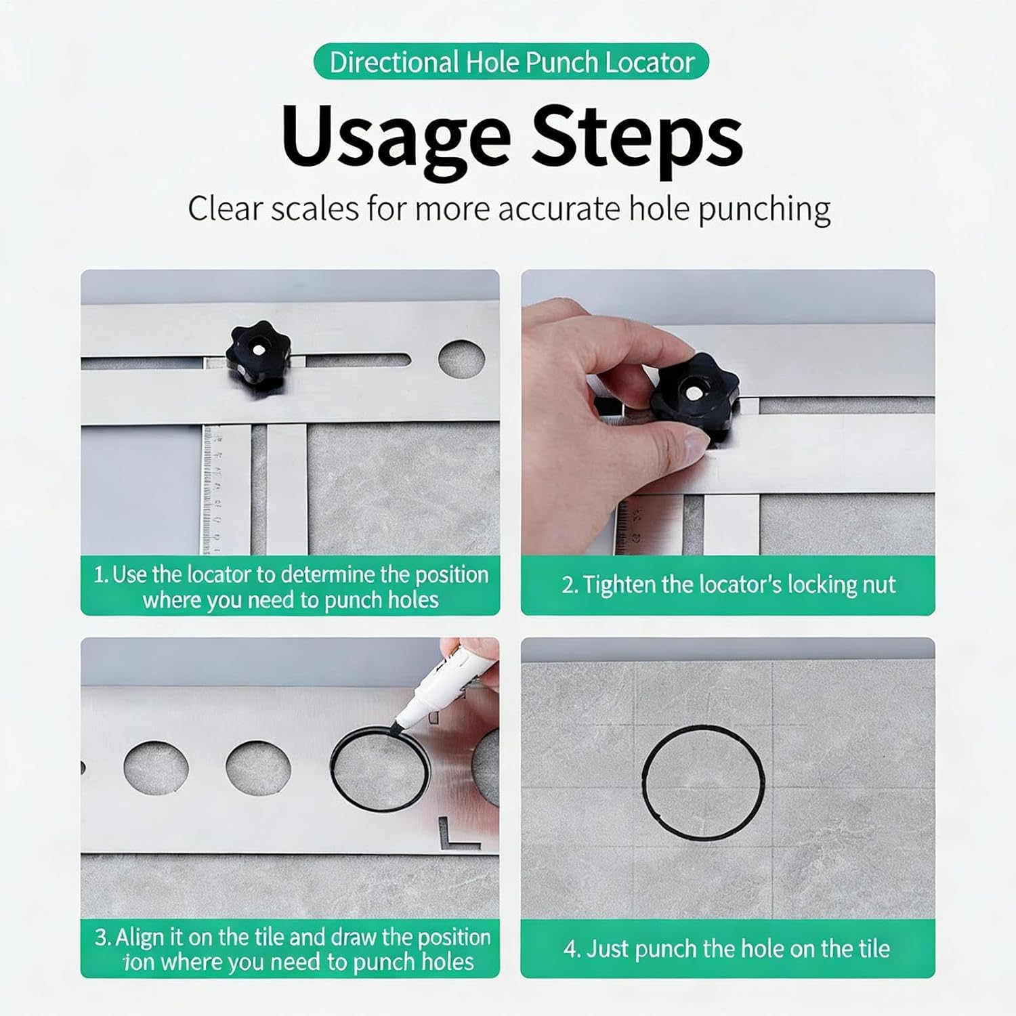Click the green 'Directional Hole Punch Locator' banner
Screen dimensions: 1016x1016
(511, 62)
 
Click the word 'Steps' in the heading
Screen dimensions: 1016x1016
(637, 137)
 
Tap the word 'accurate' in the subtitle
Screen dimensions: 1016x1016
(558, 209)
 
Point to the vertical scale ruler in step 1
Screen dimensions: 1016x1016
(217, 488)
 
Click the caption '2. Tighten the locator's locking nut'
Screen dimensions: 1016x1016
(728, 585)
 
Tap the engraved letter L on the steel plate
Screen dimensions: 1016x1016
(457, 832)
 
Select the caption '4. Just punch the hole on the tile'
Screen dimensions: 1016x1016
(727, 948)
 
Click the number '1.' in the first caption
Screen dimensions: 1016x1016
(101, 575)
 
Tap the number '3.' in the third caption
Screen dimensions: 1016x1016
(102, 937)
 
